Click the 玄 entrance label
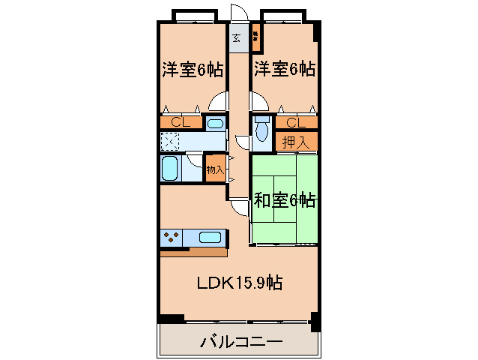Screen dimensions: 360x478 [x=237, y=37]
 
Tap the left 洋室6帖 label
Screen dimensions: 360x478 [x=192, y=70]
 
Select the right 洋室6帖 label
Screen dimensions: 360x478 [x=283, y=70]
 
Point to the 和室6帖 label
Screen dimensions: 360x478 [x=284, y=200]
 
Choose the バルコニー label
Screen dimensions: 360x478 [x=240, y=343]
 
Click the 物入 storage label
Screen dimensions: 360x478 [x=215, y=169]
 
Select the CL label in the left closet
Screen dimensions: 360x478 [x=178, y=122]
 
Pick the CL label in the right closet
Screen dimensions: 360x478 [x=294, y=122]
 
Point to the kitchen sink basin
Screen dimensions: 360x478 [x=210, y=238]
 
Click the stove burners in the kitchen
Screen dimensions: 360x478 [x=170, y=238]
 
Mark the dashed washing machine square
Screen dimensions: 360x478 [x=170, y=141]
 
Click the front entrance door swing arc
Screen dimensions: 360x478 [x=239, y=13]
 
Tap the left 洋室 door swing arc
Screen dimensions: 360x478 [x=220, y=102]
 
